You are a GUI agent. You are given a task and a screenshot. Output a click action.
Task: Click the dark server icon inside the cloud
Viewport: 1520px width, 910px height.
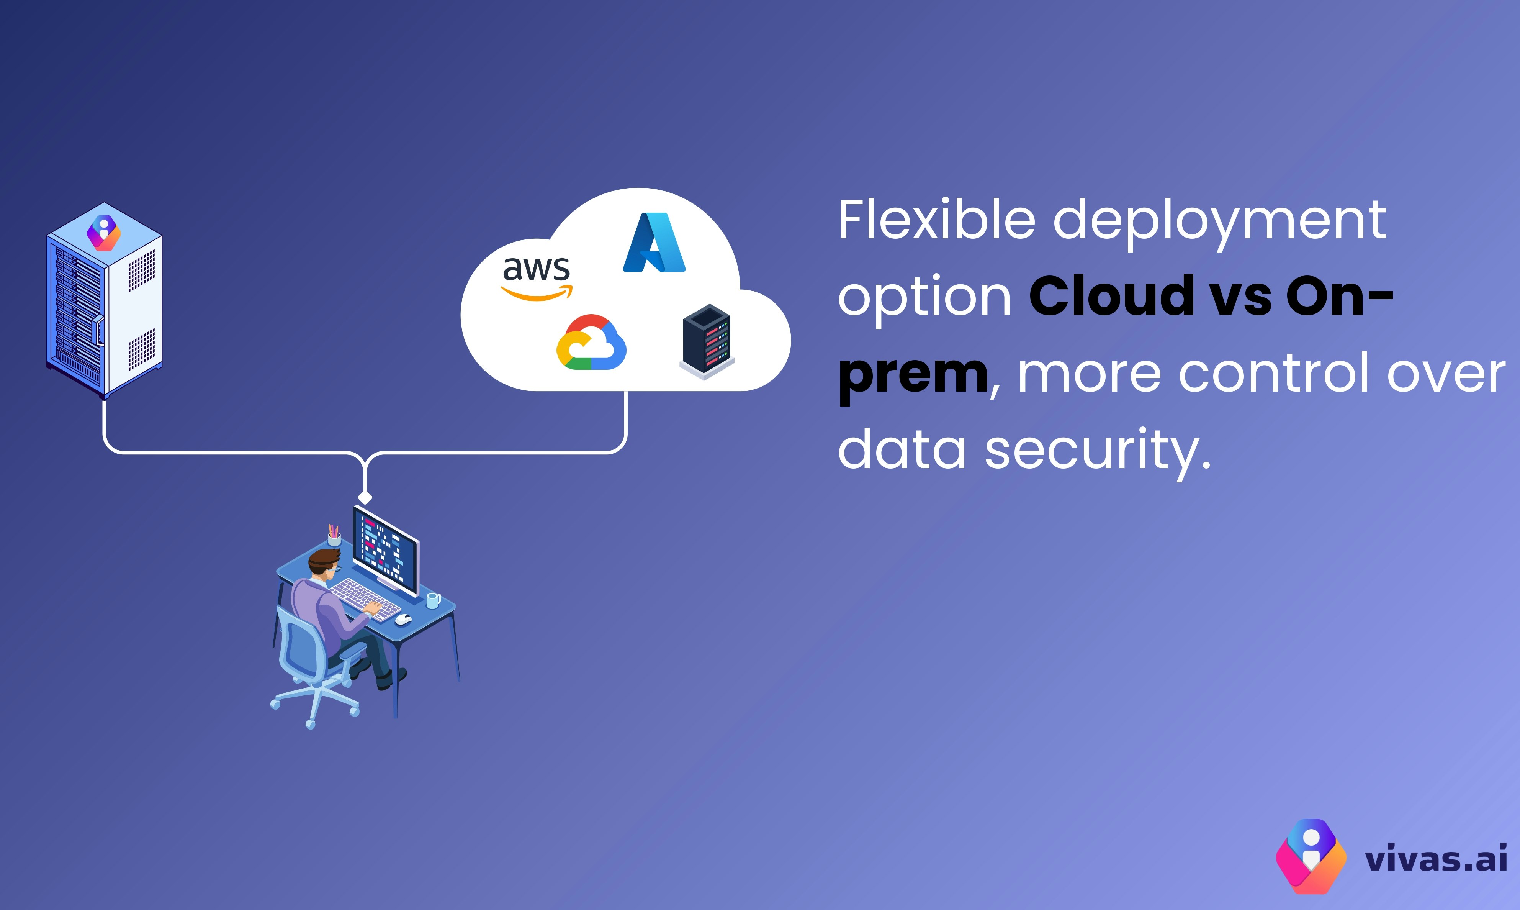[x=707, y=341]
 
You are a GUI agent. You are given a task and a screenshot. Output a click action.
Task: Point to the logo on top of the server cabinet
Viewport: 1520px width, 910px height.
[x=103, y=233]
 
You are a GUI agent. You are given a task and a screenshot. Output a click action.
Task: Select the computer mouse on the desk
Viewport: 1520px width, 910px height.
[x=403, y=619]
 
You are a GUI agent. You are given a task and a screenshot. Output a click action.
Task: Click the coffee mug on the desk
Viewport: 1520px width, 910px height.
[x=433, y=600]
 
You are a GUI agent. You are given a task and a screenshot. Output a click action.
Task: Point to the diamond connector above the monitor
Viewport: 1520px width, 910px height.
[x=365, y=497]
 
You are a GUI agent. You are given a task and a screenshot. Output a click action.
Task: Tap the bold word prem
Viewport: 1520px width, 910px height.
[x=913, y=375]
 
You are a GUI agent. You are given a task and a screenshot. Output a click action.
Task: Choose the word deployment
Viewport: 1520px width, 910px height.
[x=1220, y=222]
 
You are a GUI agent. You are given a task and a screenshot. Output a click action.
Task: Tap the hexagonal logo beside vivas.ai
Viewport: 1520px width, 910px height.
[x=1311, y=856]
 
